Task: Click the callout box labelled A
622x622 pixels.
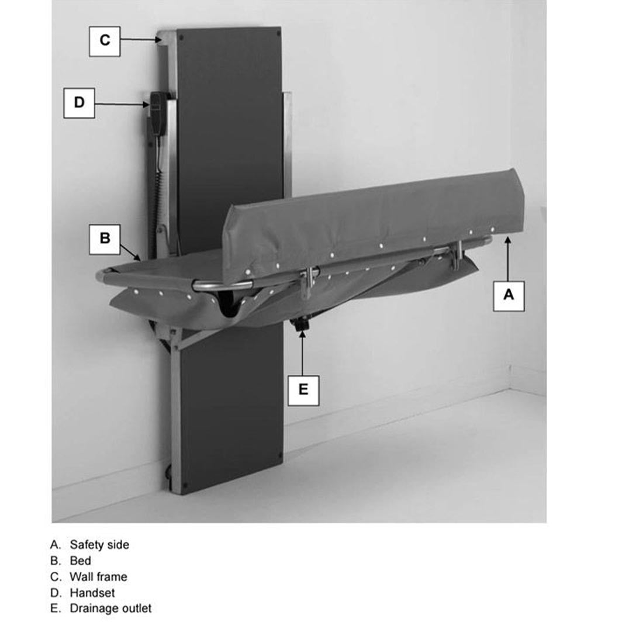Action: [509, 295]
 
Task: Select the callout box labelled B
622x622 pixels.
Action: [105, 239]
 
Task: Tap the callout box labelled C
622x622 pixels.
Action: [105, 40]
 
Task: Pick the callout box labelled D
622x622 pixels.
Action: [79, 103]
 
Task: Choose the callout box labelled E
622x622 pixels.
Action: [303, 389]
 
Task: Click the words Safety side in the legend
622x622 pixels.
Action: [99, 545]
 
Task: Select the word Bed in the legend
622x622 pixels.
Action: [80, 561]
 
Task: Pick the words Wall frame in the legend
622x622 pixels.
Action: [98, 576]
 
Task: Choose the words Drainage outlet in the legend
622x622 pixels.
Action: [110, 608]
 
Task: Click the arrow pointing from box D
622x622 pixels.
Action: [122, 104]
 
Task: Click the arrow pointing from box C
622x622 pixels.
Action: [140, 40]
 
